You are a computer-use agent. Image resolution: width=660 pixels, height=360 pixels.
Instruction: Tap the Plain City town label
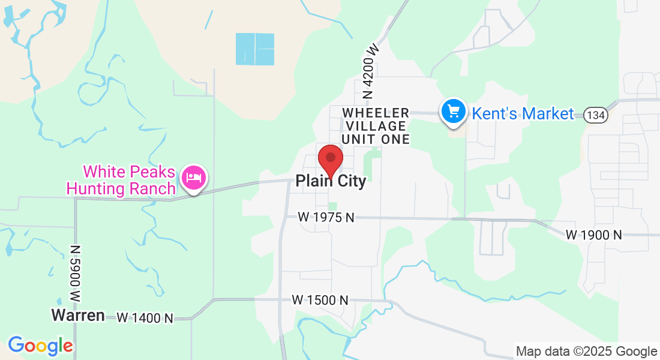coord(331,181)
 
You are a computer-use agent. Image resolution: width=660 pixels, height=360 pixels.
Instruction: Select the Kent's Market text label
coord(523,113)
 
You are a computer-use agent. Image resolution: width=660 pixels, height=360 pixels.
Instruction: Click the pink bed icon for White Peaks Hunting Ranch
coord(194,178)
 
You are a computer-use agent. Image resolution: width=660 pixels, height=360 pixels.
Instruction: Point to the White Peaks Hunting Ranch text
coord(129,181)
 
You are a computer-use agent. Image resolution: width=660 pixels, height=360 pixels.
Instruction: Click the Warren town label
coord(78,315)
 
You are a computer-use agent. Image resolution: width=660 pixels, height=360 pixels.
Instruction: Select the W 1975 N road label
coord(326,217)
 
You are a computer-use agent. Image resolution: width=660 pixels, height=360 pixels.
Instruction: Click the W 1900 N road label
coord(594,235)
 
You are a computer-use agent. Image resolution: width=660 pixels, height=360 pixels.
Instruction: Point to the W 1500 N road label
coord(320,299)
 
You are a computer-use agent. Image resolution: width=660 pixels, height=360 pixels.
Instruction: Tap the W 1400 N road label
coord(145,318)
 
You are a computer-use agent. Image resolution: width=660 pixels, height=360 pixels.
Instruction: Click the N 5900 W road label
coord(75,274)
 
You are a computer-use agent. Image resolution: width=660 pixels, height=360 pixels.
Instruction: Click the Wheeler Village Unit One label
coord(376,126)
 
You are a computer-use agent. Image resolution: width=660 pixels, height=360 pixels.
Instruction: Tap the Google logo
coord(40,346)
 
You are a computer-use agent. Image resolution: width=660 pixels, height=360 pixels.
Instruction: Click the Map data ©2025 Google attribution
coord(587,352)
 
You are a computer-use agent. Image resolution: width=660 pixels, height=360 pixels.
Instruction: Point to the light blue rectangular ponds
coord(255,49)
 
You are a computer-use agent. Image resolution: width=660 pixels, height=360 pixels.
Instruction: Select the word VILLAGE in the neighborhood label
coord(374,126)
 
